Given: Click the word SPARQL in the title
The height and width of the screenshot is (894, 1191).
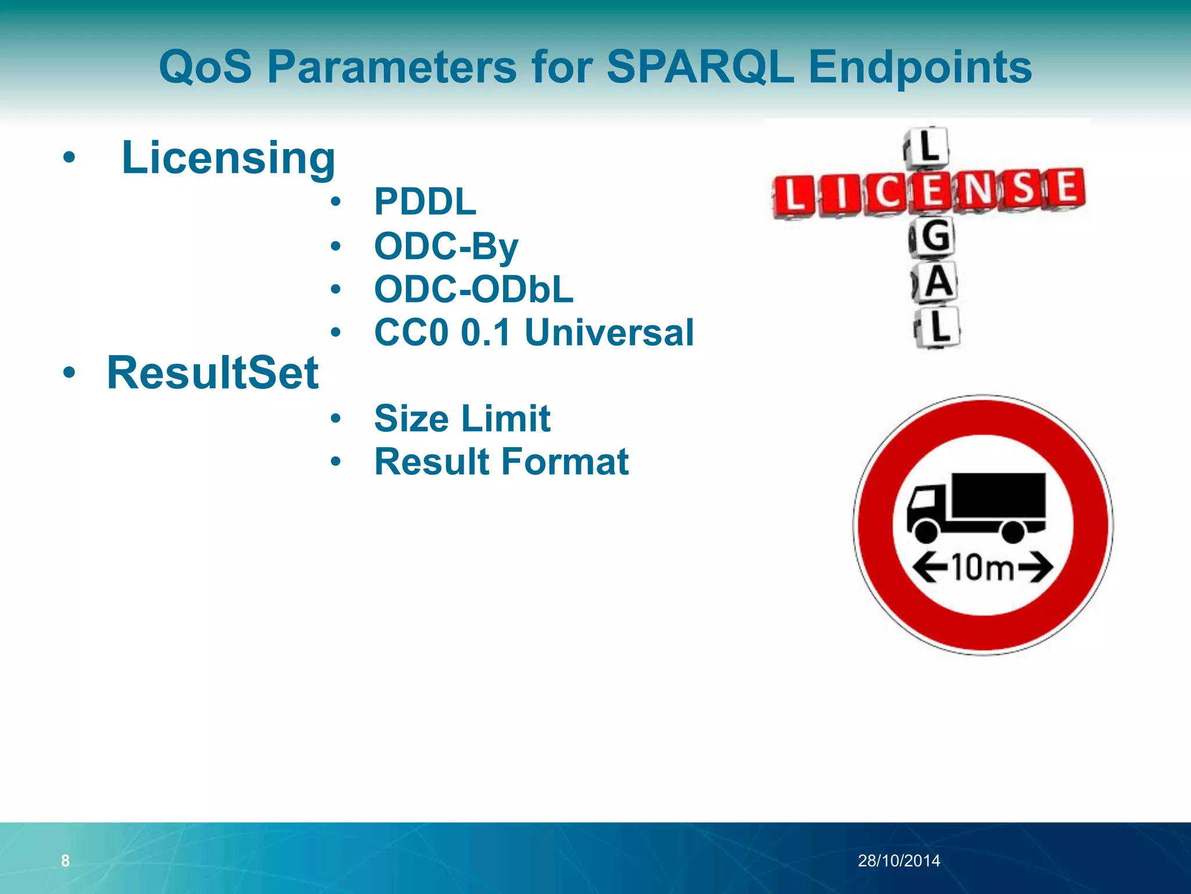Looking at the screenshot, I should pyautogui.click(x=700, y=67).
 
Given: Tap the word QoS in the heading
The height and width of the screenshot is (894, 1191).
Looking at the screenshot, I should pyautogui.click(x=205, y=67).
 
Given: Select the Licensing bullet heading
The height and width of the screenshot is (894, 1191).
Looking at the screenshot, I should pyautogui.click(x=228, y=158).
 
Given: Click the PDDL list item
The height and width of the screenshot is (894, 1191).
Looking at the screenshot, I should pyautogui.click(x=425, y=202).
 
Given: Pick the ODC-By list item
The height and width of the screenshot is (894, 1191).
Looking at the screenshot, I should pyautogui.click(x=446, y=246).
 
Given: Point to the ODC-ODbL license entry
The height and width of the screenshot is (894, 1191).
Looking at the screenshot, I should pyautogui.click(x=473, y=289).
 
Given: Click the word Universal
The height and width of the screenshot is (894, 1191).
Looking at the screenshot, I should pyautogui.click(x=609, y=332).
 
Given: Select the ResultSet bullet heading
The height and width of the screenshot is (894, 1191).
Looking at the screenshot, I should pyautogui.click(x=213, y=372).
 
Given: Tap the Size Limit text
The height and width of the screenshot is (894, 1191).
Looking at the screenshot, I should pyautogui.click(x=462, y=418).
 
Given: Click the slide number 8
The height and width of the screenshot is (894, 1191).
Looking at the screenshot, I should pyautogui.click(x=65, y=860).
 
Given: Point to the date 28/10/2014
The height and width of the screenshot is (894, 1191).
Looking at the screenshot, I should pyautogui.click(x=898, y=860).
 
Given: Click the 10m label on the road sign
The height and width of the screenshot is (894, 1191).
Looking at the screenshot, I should pyautogui.click(x=983, y=567).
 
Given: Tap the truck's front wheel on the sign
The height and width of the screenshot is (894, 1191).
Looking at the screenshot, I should pyautogui.click(x=925, y=531).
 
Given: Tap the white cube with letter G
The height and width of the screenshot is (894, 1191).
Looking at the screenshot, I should pyautogui.click(x=934, y=237).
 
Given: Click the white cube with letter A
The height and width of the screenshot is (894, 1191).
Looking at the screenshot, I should pyautogui.click(x=937, y=282).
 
